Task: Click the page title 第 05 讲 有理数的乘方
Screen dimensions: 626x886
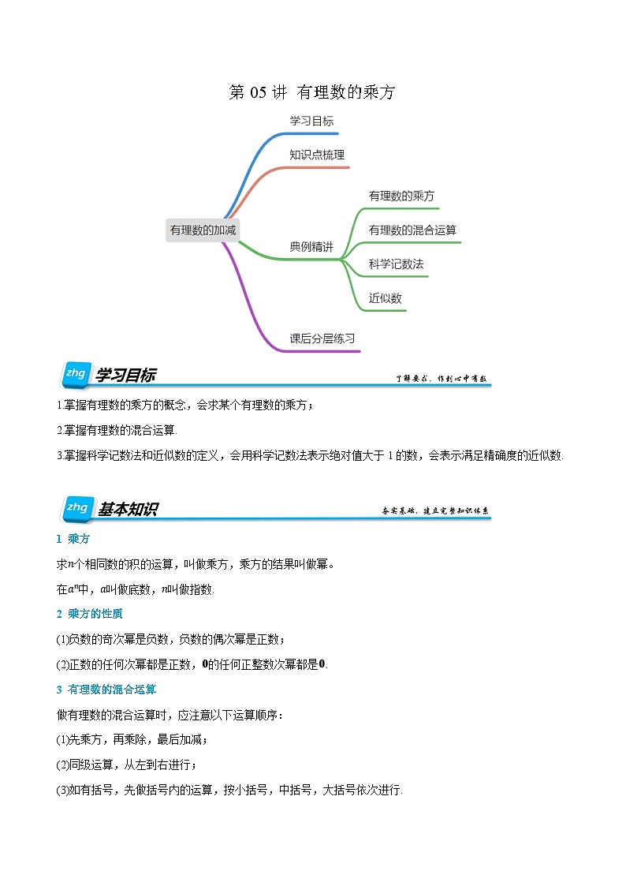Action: tap(311, 92)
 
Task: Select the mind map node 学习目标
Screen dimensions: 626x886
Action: tap(311, 121)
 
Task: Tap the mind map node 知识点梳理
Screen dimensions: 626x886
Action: tap(317, 155)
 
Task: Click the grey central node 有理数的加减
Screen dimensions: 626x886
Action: tap(203, 230)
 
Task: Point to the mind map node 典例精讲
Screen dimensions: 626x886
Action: tap(311, 247)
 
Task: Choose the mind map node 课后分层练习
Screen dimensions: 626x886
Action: tap(322, 338)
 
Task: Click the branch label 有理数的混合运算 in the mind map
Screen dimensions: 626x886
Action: tap(412, 230)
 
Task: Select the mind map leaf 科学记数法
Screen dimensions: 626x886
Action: tap(396, 264)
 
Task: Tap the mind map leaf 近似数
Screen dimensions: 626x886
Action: tap(386, 298)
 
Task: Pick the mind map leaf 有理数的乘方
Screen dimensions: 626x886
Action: tap(402, 196)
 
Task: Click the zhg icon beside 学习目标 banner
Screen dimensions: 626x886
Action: tap(76, 375)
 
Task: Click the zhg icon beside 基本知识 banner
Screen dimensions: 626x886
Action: tap(76, 509)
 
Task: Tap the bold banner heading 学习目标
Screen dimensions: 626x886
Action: tap(126, 376)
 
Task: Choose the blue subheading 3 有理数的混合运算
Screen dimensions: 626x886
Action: tap(106, 690)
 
